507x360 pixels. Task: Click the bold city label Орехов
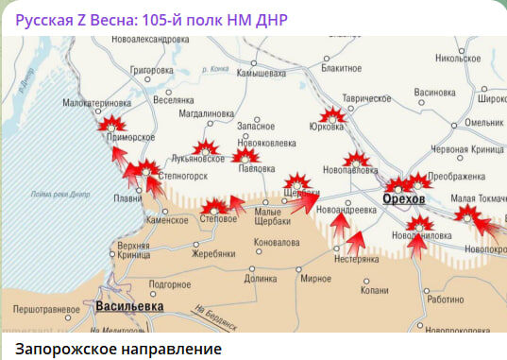(404, 199)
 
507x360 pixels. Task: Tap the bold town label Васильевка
(128, 306)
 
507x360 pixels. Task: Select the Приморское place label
(130, 137)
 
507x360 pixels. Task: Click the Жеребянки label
(212, 254)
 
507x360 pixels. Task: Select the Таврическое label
(366, 98)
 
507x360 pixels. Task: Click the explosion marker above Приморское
(112, 123)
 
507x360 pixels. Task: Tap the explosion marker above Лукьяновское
(204, 147)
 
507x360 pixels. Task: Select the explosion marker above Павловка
(245, 155)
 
